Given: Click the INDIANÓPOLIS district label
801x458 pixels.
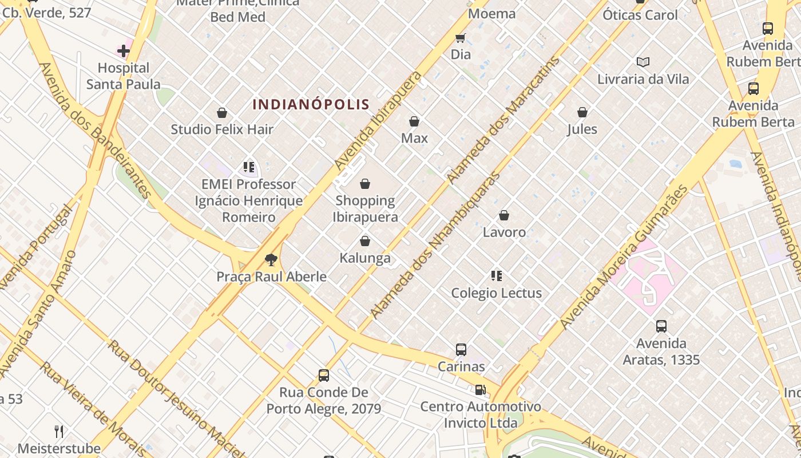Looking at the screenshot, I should (311, 104).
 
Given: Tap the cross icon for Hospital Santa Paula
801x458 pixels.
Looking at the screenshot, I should (124, 51).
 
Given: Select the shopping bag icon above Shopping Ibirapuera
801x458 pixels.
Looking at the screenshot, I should (365, 184).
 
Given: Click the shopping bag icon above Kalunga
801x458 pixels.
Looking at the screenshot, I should (365, 241).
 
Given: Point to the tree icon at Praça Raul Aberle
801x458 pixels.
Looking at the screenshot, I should (271, 260).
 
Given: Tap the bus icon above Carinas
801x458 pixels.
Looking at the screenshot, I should (461, 349).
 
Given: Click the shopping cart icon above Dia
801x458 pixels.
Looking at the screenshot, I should (461, 38).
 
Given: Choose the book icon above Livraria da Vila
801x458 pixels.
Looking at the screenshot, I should (643, 62).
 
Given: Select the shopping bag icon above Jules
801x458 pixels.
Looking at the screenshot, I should (582, 112).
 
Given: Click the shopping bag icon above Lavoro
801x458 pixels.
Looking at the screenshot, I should (504, 215).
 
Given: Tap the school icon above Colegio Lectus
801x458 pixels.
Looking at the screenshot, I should (497, 276).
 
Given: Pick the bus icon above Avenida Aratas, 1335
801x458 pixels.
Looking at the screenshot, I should (661, 326).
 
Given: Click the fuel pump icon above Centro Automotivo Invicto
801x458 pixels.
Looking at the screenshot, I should (481, 390).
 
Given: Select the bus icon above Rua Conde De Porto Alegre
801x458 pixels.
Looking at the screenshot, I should (324, 376).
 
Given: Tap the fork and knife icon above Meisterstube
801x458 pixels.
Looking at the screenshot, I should (59, 431).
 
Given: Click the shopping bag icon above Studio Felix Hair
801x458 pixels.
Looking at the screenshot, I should (222, 113).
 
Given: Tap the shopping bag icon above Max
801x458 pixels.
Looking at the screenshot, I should (414, 121).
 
